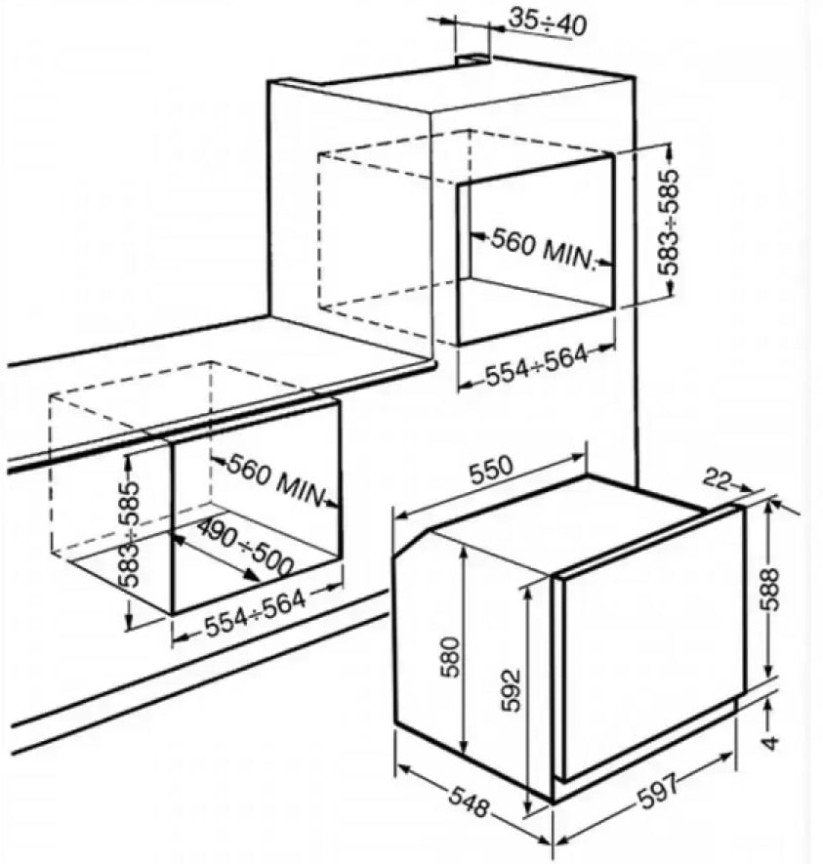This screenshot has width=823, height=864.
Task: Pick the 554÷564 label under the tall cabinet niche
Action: click(536, 366)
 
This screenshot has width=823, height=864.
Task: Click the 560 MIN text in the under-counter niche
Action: click(275, 479)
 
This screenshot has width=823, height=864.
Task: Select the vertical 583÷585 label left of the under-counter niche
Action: click(129, 534)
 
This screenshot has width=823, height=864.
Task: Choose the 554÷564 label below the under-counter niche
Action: click(255, 615)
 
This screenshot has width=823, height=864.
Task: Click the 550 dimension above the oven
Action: click(491, 469)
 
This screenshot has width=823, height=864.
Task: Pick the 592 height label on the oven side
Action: click(512, 690)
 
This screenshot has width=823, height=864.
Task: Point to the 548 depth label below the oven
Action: click(469, 801)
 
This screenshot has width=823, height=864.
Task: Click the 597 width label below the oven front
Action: click(658, 790)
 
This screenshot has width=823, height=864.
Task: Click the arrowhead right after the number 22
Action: click(745, 487)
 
